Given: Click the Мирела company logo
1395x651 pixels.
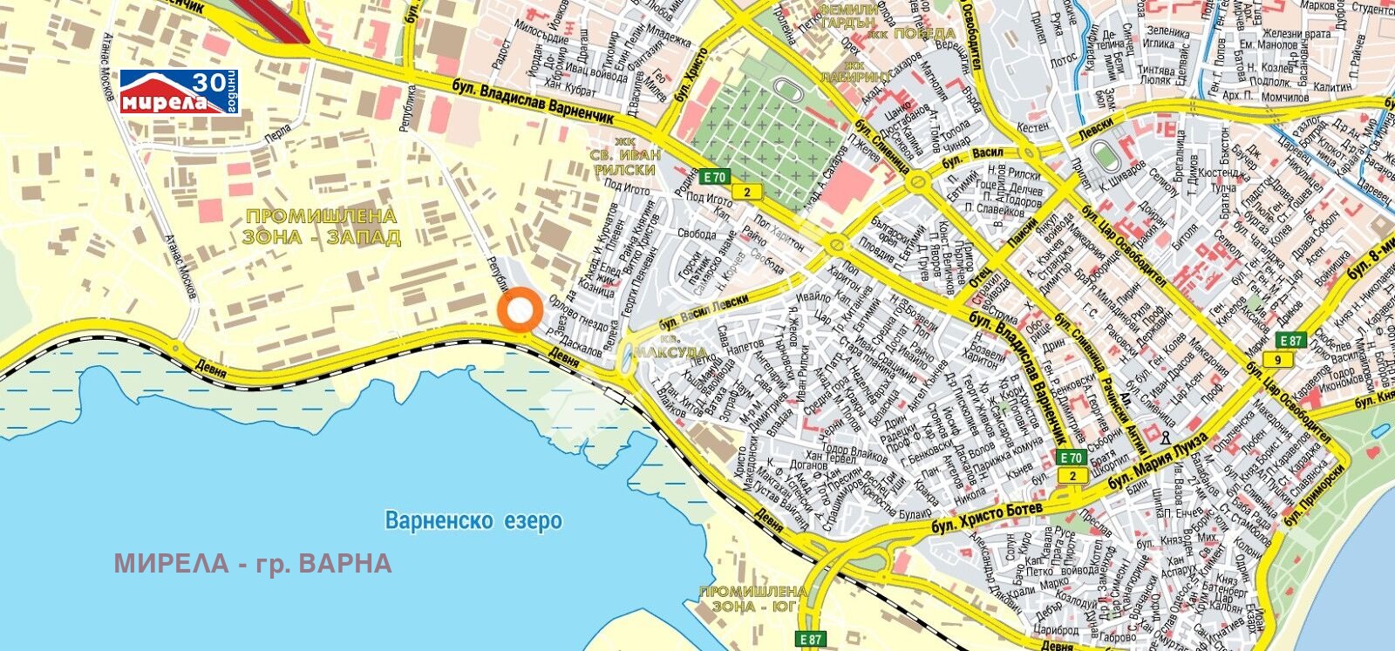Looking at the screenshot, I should pos(179,92).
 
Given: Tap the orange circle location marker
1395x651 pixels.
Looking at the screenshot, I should pos(521,309).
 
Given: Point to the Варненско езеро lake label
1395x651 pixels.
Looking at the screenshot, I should pos(473,521).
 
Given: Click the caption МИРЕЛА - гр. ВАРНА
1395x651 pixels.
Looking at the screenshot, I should pos(253,564).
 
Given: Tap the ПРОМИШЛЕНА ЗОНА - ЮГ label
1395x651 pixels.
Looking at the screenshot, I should pos(753,599).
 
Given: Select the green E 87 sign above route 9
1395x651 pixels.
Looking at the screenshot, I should pos(1291,340).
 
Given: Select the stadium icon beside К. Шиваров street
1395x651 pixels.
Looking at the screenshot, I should pos(1106,158).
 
